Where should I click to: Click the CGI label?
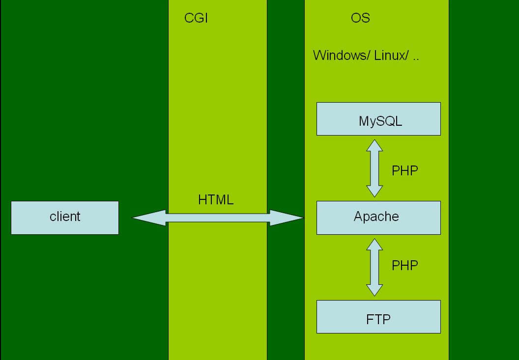[x=196, y=18]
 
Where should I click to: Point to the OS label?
[x=360, y=18]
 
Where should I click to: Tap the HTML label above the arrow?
[x=216, y=200]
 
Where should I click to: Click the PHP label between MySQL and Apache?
[x=404, y=171]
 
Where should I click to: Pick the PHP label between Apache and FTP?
[x=404, y=265]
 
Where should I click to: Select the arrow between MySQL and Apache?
[x=375, y=168]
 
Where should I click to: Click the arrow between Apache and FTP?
[x=375, y=268]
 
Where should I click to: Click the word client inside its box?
[x=65, y=217]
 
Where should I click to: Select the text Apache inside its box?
[x=376, y=217]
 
